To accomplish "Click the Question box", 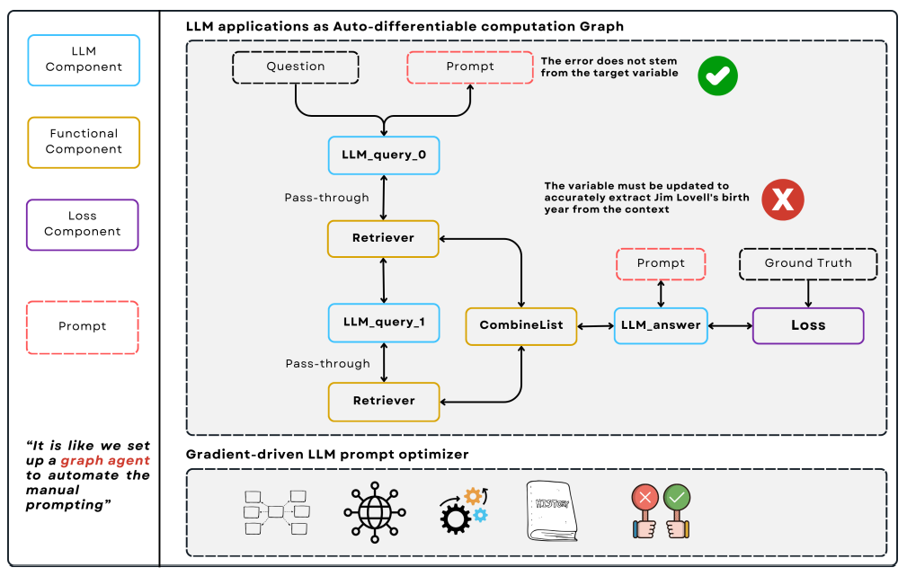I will click(295, 66).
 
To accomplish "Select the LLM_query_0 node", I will click(384, 155).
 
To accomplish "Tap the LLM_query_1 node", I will click(384, 322).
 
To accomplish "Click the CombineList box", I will click(521, 325).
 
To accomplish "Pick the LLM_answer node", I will click(661, 325).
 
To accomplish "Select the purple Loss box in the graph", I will click(807, 325).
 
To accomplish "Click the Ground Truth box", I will click(807, 263).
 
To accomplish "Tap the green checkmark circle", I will click(717, 76).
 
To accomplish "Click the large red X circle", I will click(782, 199).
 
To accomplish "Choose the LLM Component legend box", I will click(84, 59).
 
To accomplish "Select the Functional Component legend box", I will click(84, 142).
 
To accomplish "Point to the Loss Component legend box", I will click(83, 224).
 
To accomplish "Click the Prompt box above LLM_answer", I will click(661, 263).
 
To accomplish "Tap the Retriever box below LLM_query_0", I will click(384, 238).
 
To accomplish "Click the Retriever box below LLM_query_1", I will click(384, 401).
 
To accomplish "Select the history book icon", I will click(551, 511).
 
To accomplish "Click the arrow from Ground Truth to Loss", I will click(807, 293).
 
